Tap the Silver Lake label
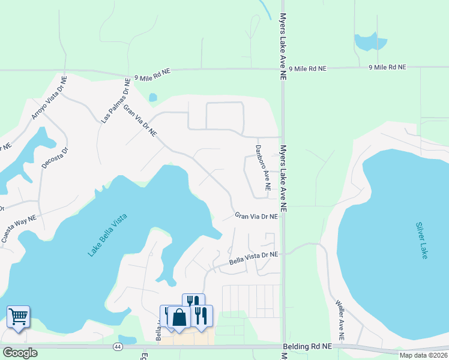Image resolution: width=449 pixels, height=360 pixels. coord(421,241)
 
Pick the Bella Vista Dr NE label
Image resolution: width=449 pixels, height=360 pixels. coord(253,259)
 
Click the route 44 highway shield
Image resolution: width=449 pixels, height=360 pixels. coord(118,347)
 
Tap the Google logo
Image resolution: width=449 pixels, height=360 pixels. coord(20,353)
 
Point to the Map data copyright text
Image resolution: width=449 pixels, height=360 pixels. coord(423,355)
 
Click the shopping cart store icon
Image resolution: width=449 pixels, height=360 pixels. coord(18,316)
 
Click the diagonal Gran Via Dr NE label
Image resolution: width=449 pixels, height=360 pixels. coord(140,119)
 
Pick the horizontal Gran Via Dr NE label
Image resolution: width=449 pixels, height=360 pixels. coord(256,215)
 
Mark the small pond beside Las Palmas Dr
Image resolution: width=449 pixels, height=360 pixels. coord(153,97)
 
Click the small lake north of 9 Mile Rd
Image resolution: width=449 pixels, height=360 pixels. coord(370,42)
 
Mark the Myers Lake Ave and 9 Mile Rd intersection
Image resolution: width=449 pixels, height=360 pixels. coord(282,70)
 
